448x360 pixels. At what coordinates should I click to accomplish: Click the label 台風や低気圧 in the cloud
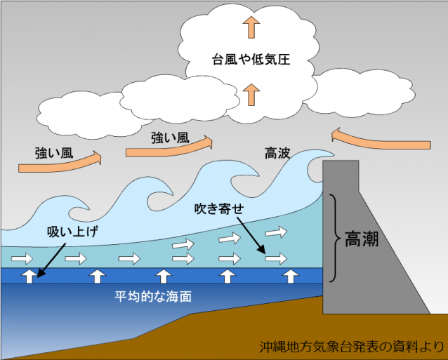click(x=251, y=60)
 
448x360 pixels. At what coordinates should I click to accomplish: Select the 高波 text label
click(x=279, y=152)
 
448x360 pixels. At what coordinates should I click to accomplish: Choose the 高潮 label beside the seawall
click(x=362, y=240)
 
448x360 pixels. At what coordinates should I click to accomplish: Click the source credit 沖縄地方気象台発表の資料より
click(x=351, y=345)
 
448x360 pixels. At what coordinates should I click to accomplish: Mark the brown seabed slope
click(x=232, y=330)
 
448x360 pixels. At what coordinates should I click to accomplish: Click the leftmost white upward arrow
click(x=29, y=274)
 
